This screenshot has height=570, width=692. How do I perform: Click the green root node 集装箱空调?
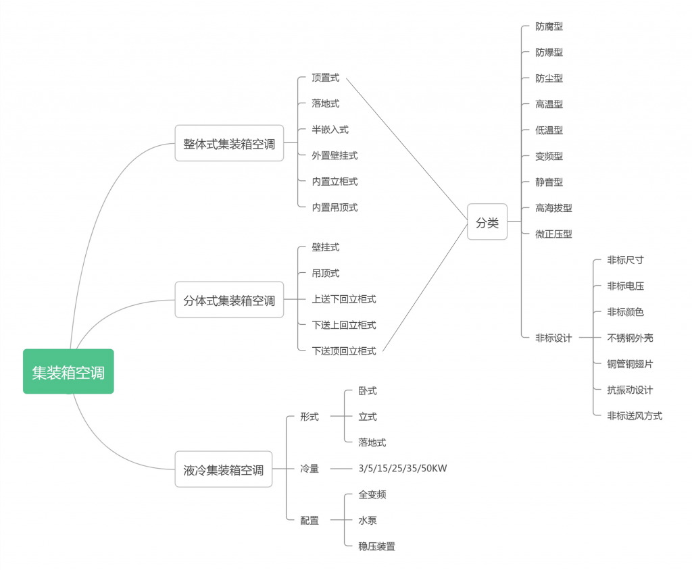click(68, 371)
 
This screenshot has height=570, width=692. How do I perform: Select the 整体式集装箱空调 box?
click(229, 143)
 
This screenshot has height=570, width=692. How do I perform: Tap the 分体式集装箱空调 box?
click(229, 300)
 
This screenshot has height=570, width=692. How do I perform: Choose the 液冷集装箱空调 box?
click(223, 469)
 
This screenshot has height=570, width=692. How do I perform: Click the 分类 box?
click(487, 222)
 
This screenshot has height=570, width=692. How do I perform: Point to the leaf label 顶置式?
click(326, 78)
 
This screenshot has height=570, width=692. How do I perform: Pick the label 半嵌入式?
click(330, 130)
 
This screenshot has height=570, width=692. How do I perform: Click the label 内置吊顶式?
click(335, 207)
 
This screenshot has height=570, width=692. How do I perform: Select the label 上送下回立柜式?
click(344, 299)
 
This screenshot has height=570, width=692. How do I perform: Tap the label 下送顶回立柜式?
click(344, 351)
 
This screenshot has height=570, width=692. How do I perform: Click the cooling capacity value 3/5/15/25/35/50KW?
click(403, 469)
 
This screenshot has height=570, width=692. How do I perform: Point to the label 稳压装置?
click(376, 546)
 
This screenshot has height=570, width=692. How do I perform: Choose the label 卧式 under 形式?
click(368, 391)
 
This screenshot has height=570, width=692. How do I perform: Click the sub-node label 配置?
click(310, 521)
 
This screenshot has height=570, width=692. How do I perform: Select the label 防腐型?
click(549, 26)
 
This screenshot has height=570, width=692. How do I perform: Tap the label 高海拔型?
click(553, 208)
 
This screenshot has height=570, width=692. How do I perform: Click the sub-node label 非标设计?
click(553, 338)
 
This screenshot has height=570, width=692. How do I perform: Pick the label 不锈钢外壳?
click(630, 338)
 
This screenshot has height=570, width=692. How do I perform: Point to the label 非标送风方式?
click(635, 416)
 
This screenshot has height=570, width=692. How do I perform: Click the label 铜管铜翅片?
click(630, 364)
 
